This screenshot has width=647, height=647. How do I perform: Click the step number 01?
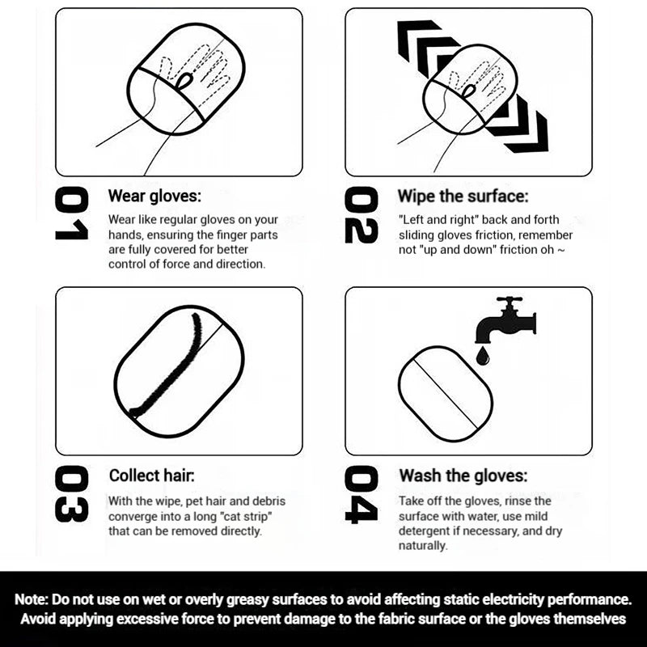[x=71, y=213]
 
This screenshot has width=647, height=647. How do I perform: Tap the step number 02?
[x=361, y=215]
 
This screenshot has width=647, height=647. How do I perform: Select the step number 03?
[x=71, y=494]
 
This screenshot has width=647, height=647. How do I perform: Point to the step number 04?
[x=361, y=495]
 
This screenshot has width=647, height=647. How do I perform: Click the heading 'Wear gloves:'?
[x=154, y=196]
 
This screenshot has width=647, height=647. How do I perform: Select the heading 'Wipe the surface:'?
[x=463, y=196]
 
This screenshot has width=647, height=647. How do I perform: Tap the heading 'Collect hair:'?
[x=151, y=476]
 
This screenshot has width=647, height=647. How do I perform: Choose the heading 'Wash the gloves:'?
[x=463, y=476]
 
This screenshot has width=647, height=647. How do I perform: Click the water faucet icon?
[x=506, y=319]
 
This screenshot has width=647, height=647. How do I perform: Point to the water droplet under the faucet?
[x=483, y=356]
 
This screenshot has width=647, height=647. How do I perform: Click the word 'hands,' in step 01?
[x=126, y=235]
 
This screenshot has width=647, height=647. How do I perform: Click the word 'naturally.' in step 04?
[x=423, y=546]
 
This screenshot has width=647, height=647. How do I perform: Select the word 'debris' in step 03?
[x=269, y=501]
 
